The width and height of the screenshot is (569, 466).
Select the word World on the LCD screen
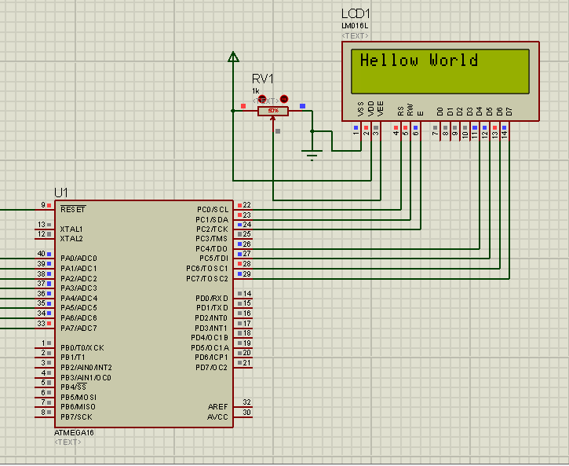coord(453,61)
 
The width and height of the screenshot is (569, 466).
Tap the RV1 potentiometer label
coord(263,79)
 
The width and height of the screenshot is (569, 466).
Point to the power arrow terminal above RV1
coord(233,57)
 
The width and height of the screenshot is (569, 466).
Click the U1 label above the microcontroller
coord(61,193)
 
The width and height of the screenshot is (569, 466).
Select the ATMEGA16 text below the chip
coord(74,432)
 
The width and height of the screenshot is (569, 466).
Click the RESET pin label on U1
coord(73,209)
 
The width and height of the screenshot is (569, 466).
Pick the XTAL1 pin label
coord(71,229)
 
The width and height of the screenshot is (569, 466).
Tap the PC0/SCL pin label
coord(212,209)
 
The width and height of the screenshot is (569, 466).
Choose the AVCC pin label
coord(217,416)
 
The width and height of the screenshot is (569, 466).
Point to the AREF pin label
coord(217,406)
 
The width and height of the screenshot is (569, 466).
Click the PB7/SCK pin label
coord(77,416)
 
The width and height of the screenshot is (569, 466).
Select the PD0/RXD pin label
coord(212,298)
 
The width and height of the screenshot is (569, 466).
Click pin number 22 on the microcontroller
coord(246,205)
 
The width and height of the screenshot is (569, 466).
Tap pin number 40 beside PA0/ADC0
coord(41,254)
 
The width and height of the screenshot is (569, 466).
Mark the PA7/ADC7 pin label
coord(78,328)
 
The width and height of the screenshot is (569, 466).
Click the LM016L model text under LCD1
coord(355,26)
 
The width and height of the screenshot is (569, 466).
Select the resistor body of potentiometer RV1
coord(273,111)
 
